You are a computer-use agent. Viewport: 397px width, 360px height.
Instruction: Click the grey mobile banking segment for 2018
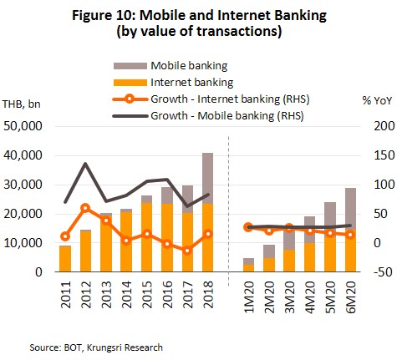208,178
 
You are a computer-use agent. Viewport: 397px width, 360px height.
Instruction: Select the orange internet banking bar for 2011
65,259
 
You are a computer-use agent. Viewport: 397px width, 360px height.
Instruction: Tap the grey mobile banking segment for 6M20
350,209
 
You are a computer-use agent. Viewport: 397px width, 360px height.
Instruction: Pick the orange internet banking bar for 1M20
248,268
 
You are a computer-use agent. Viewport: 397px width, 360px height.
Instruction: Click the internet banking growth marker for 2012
85,208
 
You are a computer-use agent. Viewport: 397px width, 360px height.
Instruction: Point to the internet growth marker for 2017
187,251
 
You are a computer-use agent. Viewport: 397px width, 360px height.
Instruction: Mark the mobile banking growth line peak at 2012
85,164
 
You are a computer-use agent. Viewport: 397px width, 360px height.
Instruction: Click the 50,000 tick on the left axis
23,126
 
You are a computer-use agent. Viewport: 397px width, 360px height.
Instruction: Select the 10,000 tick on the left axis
23,243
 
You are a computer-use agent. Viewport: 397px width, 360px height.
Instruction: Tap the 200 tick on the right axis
384,126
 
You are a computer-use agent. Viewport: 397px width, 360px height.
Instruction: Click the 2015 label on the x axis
147,295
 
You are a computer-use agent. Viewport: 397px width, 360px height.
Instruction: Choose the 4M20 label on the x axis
310,297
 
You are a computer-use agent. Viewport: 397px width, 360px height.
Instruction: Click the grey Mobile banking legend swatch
130,66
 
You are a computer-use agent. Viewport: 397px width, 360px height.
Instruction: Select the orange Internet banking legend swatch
130,83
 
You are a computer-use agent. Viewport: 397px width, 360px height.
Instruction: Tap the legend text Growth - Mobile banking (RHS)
227,115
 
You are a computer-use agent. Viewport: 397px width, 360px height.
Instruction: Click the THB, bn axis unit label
22,104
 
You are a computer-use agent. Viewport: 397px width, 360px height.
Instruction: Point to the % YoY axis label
377,100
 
